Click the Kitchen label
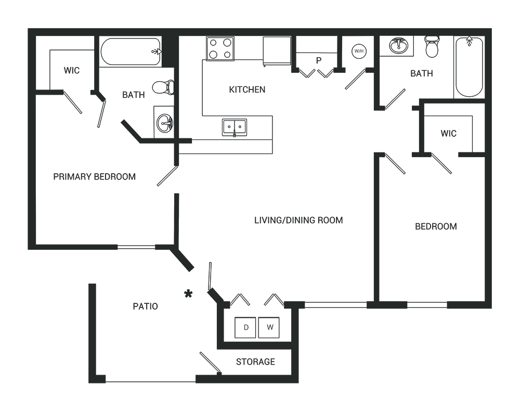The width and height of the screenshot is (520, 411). click(247, 89)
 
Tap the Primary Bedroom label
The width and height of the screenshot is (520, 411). click(94, 176)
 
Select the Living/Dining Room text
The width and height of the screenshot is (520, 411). click(298, 220)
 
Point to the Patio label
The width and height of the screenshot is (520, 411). click(145, 306)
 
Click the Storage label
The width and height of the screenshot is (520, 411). click(255, 362)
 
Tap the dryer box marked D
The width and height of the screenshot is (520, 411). click(245, 328)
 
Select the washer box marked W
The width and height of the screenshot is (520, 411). click(269, 328)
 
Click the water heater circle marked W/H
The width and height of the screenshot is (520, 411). click(358, 51)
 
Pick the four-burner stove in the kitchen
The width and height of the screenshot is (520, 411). click(219, 48)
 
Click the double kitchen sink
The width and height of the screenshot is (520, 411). click(235, 127)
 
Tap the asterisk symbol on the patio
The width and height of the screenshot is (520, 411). click(188, 294)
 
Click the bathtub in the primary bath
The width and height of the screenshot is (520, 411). click(130, 52)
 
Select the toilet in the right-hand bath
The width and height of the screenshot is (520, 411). click(432, 47)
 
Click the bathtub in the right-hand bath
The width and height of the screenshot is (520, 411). click(469, 67)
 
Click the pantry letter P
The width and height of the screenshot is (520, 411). click(318, 60)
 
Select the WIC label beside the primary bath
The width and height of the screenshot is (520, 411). click(72, 70)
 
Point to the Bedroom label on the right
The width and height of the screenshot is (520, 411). click(436, 226)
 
